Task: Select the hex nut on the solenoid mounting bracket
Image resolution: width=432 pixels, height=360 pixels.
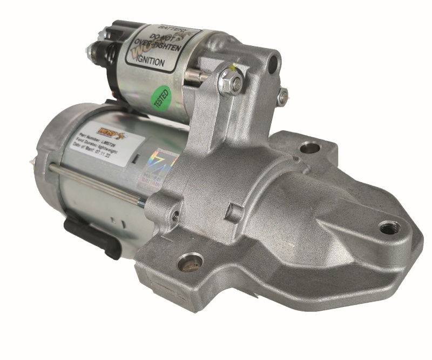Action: [x=231, y=83]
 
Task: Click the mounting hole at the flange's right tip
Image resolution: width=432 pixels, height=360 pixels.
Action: [x=388, y=228]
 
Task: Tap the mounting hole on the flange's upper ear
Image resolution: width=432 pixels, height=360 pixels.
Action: [x=311, y=146]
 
